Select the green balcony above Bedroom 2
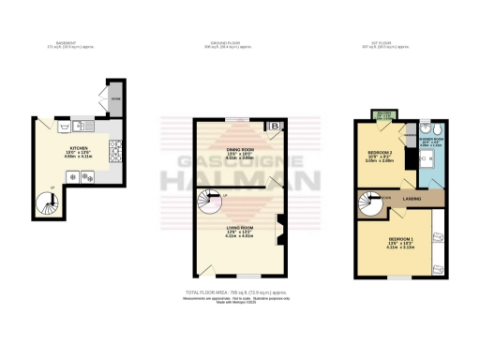(382, 115)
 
